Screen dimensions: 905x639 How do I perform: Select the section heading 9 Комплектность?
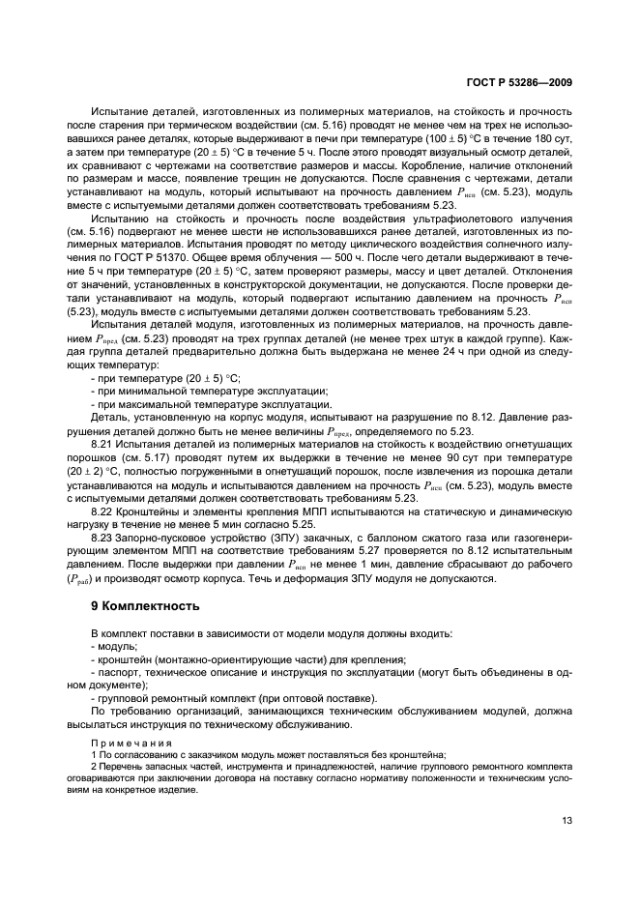click(x=144, y=606)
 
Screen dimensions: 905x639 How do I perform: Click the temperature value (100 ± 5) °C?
click(x=443, y=141)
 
